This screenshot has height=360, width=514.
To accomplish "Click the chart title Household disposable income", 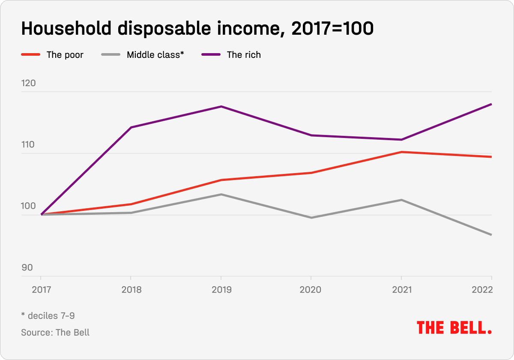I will [x=197, y=29].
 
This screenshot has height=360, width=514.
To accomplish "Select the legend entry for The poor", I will [x=65, y=55].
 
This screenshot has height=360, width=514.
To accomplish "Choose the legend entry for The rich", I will [x=243, y=55].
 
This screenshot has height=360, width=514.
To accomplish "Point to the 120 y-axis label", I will [x=28, y=83].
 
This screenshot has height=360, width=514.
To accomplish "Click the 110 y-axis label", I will [x=28, y=145].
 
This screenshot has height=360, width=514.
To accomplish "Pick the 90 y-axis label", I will [x=27, y=267].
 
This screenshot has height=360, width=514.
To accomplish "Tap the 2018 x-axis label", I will [x=131, y=290].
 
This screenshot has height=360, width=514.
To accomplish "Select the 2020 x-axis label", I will [x=311, y=290].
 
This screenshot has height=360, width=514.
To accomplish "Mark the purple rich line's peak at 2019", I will [x=221, y=106].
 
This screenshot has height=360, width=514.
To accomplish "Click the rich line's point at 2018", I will [x=131, y=127].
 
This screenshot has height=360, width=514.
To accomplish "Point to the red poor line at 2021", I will [x=401, y=152].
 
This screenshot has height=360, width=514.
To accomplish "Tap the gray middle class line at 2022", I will [x=491, y=234].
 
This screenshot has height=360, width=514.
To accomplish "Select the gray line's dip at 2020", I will [x=311, y=218].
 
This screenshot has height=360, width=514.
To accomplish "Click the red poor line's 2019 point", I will [x=221, y=180].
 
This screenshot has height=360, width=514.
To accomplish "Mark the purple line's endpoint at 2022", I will [x=491, y=104].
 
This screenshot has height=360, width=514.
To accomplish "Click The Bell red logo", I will [x=454, y=328].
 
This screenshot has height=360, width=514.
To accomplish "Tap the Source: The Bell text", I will [x=55, y=332].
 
